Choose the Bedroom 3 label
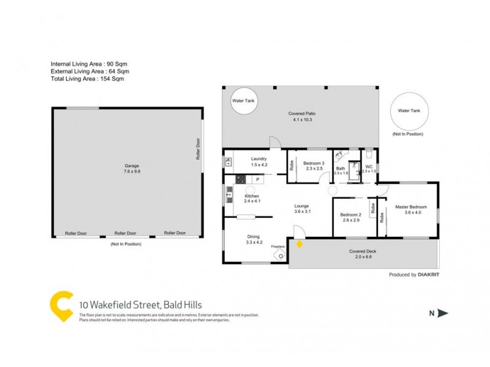click(314, 166)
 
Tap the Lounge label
click(301, 209)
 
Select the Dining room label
click(254, 239)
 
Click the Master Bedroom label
click(410, 210)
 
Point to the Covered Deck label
click(363, 254)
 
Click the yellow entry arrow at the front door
click(300, 244)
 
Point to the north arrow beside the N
click(443, 314)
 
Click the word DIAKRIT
click(429, 275)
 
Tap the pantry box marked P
click(258, 179)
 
